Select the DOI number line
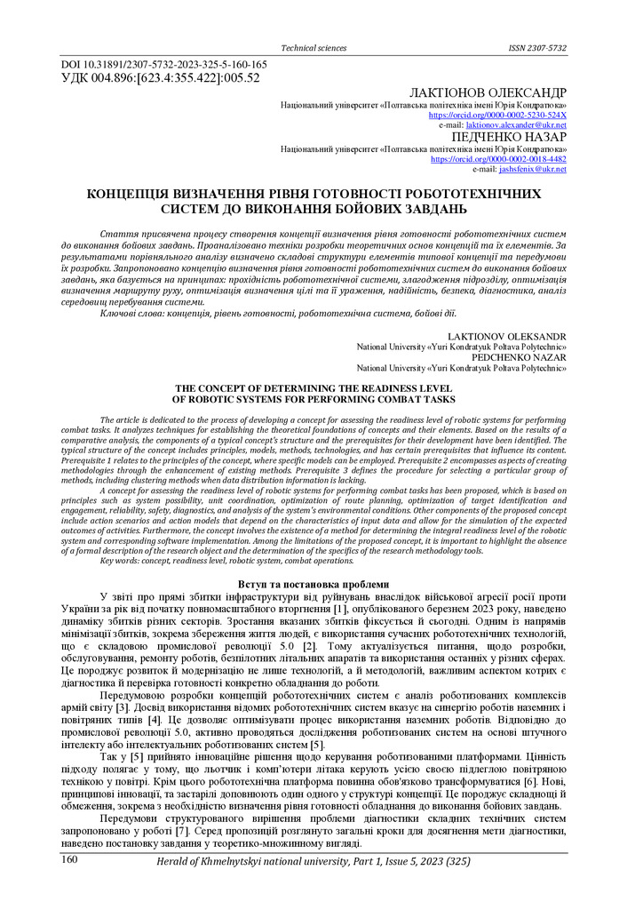pos(163,65)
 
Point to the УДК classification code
pos(159,78)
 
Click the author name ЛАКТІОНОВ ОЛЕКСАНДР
pos(488,93)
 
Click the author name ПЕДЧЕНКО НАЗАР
pos(509,137)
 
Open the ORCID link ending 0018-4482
pos(498,159)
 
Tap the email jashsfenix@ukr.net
pos(532,169)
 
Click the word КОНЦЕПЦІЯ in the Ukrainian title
pos(138,194)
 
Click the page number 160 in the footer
pos(70,861)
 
